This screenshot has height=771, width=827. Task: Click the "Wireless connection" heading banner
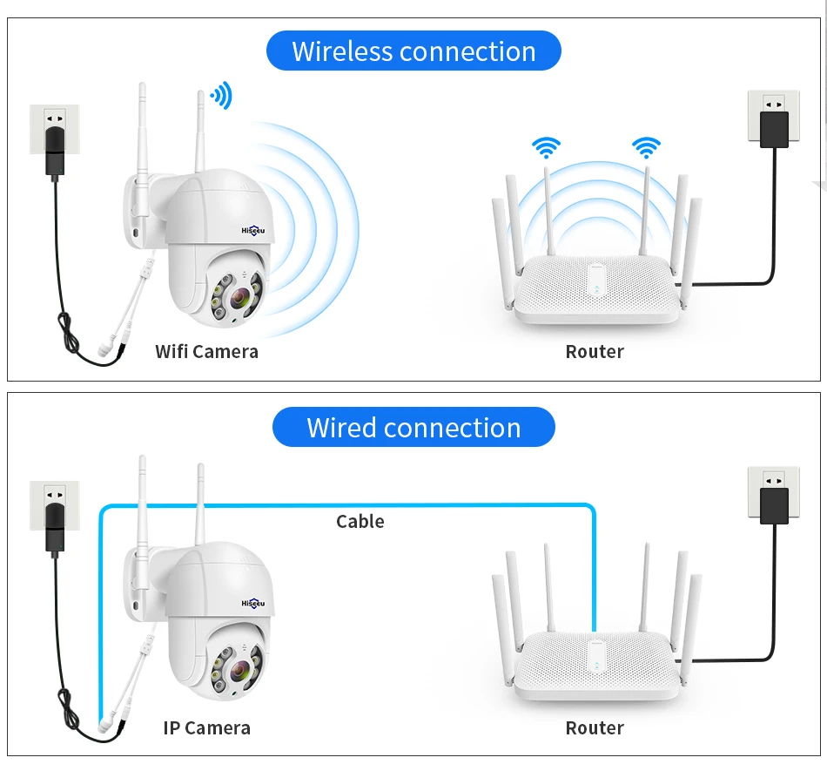click(413, 51)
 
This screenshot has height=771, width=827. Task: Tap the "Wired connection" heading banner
click(413, 428)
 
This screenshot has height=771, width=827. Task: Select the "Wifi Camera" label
click(206, 352)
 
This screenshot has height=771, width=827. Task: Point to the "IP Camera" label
click(206, 728)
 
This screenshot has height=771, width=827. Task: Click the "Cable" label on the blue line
click(360, 521)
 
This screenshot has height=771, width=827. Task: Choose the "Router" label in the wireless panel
click(595, 352)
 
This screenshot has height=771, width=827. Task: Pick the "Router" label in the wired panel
click(595, 728)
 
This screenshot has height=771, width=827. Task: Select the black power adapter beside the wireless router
click(774, 129)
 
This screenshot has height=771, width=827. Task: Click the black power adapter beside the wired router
click(774, 505)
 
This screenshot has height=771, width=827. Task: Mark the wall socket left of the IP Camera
click(54, 504)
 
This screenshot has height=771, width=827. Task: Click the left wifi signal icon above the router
click(547, 147)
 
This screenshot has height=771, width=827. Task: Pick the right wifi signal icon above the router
click(646, 147)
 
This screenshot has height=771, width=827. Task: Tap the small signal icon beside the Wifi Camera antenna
click(221, 96)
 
